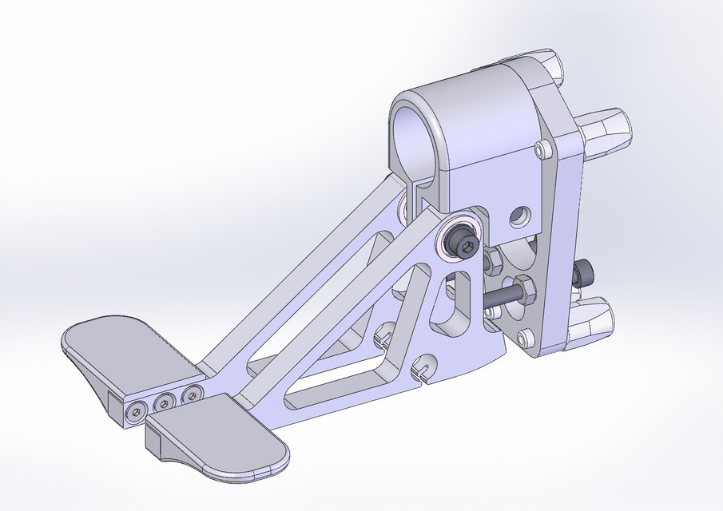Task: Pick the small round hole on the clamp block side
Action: coord(520,215)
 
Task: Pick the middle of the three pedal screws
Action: coord(165,402)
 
